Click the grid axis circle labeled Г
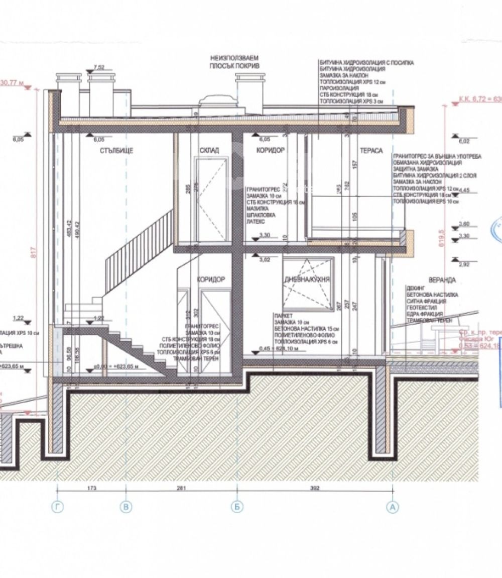pyautogui.click(x=59, y=508)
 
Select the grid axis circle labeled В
pyautogui.click(x=127, y=508)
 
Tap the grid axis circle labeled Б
pyautogui.click(x=236, y=508)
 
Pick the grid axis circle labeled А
pyautogui.click(x=393, y=508)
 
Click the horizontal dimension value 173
pyautogui.click(x=92, y=488)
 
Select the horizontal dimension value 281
pyautogui.click(x=181, y=488)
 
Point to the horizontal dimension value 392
pyautogui.click(x=314, y=488)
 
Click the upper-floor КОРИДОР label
pyautogui.click(x=270, y=151)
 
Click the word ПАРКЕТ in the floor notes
pyautogui.click(x=282, y=316)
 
